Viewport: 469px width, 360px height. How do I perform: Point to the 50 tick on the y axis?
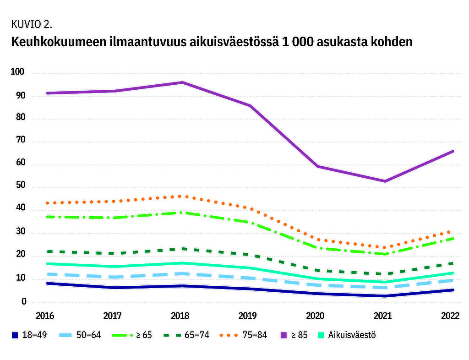pyautogui.click(x=20, y=187)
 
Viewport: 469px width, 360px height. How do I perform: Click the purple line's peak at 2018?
pyautogui.click(x=182, y=82)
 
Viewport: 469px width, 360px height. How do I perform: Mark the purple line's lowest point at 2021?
pyautogui.click(x=385, y=181)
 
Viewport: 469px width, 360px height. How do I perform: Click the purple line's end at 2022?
pyautogui.click(x=453, y=151)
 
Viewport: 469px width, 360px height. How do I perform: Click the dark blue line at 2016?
pyautogui.click(x=47, y=284)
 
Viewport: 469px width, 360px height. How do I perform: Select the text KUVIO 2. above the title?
pyautogui.click(x=29, y=24)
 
